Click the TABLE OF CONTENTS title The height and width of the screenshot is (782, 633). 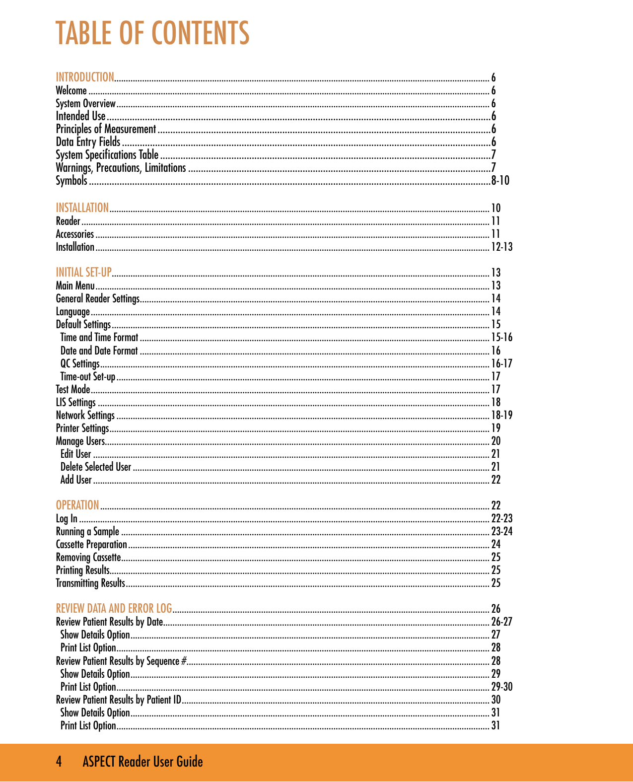[152, 33]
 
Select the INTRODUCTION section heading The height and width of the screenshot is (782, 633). [85, 77]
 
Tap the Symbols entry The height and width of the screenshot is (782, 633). [71, 181]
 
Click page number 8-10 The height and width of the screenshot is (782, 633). [500, 181]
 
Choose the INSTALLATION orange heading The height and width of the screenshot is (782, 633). [82, 208]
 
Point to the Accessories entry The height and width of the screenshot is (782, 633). [74, 234]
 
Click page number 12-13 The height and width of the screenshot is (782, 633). [501, 247]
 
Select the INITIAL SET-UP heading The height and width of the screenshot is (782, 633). [83, 273]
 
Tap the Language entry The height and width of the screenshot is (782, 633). [72, 312]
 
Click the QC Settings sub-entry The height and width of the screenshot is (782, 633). [79, 364]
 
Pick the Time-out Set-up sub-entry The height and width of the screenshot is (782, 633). [87, 377]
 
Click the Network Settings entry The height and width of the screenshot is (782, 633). [85, 416]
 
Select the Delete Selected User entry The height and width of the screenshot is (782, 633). [95, 467]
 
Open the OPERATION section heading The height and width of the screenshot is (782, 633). [77, 505]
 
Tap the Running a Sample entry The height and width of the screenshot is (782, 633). [87, 532]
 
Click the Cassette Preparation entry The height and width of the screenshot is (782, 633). [91, 545]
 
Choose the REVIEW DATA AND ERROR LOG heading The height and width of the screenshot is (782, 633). [114, 609]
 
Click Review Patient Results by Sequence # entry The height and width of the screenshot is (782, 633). [122, 661]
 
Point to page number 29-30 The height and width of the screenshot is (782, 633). [501, 687]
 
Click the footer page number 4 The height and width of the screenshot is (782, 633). [59, 762]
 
